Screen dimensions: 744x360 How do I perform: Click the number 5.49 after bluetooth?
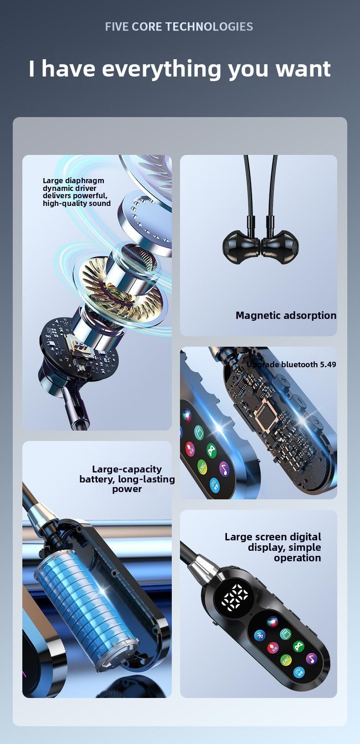[x=328, y=364]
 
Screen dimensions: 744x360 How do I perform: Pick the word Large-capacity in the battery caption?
[x=127, y=469]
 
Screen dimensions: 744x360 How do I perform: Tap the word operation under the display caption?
[x=297, y=558]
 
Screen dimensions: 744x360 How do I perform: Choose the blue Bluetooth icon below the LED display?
[x=260, y=636]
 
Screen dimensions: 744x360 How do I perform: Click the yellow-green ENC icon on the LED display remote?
[x=286, y=660]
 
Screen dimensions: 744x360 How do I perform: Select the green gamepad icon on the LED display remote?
[x=298, y=646]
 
